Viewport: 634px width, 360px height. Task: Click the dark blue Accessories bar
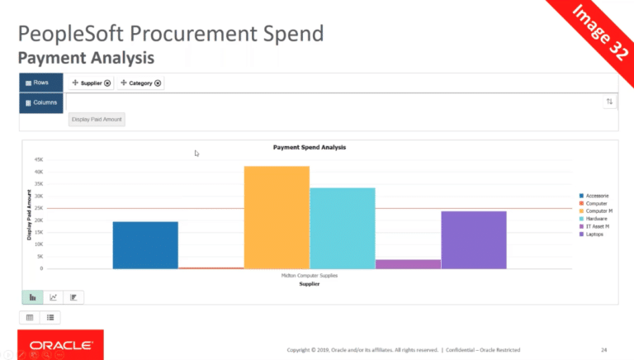145,244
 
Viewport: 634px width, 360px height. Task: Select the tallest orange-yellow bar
277,217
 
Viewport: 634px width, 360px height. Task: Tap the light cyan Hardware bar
343,228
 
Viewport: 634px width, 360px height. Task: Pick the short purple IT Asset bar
408,264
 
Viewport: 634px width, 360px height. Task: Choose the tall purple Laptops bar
474,239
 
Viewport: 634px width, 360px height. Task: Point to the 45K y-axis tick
38,160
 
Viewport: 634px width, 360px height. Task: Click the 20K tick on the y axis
38,220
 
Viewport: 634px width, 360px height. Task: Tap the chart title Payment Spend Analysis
309,148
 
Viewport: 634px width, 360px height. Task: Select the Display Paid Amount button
97,120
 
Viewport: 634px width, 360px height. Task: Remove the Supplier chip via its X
107,83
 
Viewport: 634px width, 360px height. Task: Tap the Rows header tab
40,83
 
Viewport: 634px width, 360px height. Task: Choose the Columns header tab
40,102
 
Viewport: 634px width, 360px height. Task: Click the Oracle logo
55,345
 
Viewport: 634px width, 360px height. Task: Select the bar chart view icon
32,297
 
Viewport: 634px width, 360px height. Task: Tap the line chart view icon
53,297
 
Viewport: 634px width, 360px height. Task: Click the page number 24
604,349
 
